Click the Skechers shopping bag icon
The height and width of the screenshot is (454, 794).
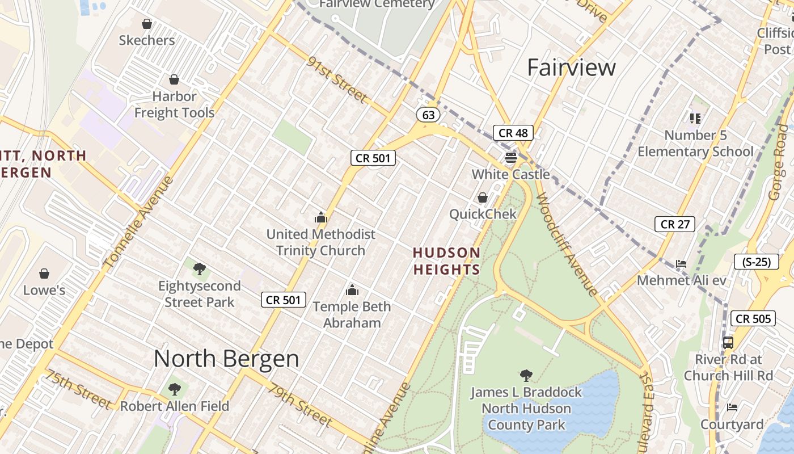coord(147,24)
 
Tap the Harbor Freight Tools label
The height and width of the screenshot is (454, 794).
coord(174,104)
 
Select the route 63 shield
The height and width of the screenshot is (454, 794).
coord(428,115)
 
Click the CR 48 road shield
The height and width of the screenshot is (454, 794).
coord(513,133)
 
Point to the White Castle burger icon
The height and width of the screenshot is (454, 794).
coord(511,157)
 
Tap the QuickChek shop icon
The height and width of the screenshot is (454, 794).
coord(482,197)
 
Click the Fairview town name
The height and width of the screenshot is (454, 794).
coord(571,67)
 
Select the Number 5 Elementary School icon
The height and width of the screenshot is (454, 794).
coord(695,118)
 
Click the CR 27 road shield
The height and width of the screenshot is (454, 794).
coord(675,224)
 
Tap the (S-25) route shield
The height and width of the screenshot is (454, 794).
coord(756,262)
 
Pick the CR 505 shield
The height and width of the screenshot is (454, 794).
coord(753,318)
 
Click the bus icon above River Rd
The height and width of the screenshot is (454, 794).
coord(728,343)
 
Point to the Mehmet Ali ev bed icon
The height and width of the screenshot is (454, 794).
coord(681,264)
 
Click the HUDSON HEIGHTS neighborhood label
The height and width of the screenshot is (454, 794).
coord(446,260)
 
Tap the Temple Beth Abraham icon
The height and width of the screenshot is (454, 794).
coord(352,291)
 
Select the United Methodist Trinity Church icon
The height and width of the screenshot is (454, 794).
coord(321,217)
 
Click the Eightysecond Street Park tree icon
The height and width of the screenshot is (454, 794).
coord(199,269)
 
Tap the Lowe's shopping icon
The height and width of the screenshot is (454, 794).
coord(44,274)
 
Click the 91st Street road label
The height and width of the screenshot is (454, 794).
coord(337,80)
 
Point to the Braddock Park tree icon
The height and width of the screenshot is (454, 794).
coord(526,375)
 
